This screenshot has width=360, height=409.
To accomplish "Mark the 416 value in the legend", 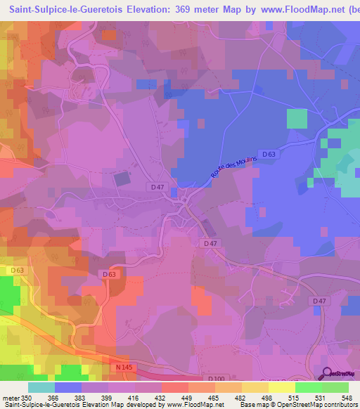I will tap(135, 397).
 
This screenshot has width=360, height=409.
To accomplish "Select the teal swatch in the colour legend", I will tap(41, 387).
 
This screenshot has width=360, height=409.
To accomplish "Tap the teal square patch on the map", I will tap(297, 119).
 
